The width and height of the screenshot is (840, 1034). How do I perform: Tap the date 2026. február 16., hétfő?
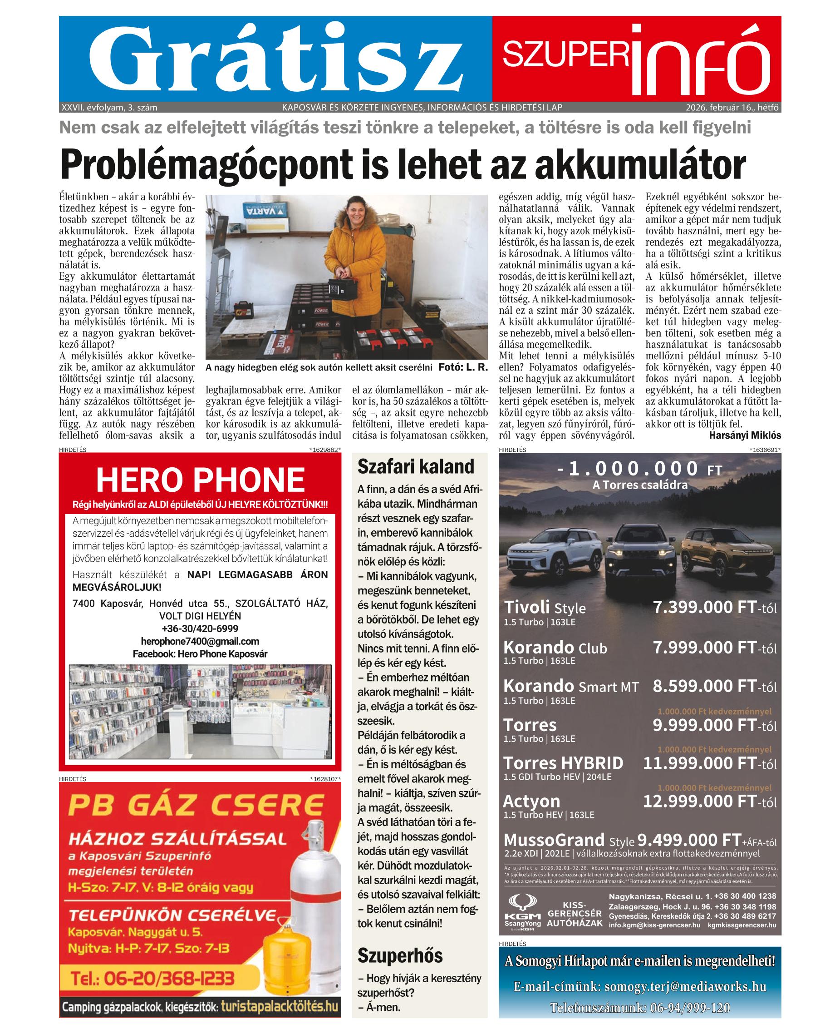point(732,108)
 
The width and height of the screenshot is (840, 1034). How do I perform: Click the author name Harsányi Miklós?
point(745,435)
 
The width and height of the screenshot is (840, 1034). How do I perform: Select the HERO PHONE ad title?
point(200,480)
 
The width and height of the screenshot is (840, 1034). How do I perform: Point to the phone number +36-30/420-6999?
point(200,629)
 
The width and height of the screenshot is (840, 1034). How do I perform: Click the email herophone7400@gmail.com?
point(200,641)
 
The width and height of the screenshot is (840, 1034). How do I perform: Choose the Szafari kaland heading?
point(416,467)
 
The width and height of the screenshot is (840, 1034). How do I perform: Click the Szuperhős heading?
point(400,956)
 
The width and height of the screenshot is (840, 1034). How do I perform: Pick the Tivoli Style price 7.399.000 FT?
point(704,607)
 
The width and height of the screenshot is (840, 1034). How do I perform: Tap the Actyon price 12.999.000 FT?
point(699,801)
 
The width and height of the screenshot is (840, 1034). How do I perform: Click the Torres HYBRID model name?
point(563,763)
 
